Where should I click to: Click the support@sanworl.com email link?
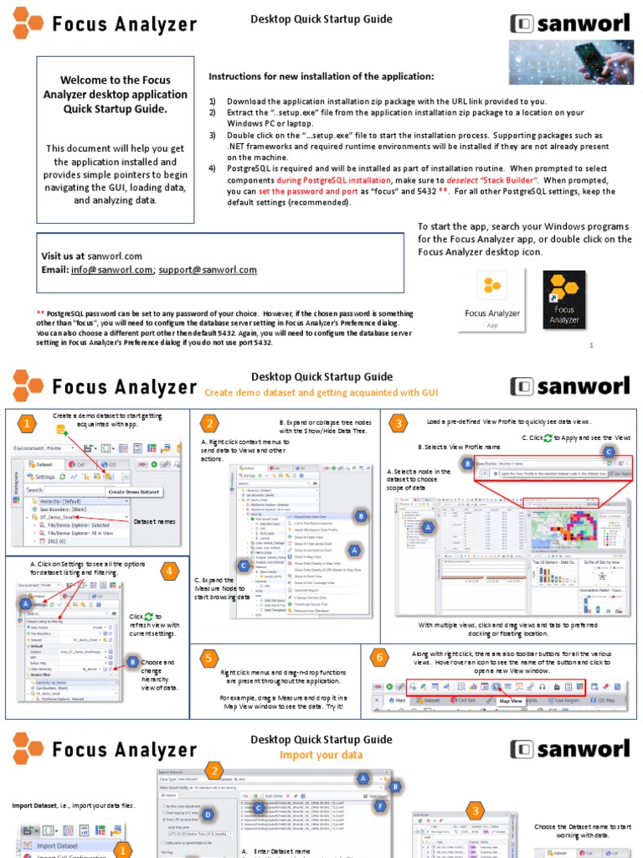pos(208,270)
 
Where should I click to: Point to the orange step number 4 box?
pos(170,572)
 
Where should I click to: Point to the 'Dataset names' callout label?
pos(155,521)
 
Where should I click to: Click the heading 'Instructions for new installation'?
pos(321,76)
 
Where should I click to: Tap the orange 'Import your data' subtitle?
pos(321,754)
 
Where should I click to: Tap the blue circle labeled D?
pos(208,814)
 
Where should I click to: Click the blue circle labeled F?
pos(380,806)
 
